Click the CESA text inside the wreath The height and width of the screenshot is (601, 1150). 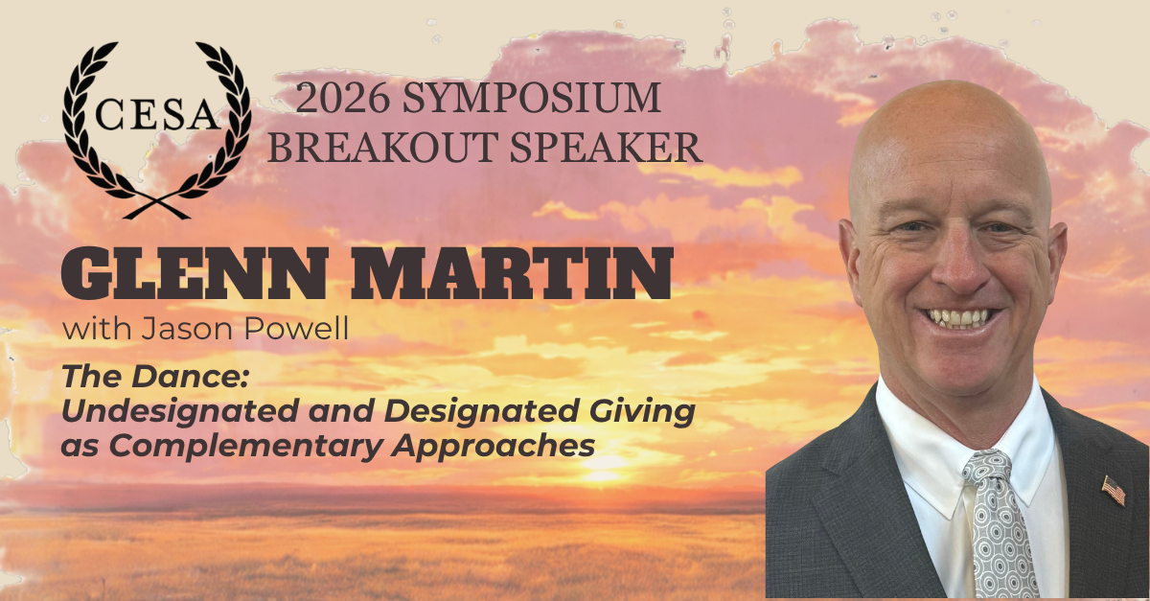(157, 114)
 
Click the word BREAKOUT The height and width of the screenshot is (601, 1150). (383, 148)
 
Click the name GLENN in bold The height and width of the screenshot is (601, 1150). (194, 273)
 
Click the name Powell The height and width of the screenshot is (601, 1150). (296, 328)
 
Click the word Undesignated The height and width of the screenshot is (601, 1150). (180, 411)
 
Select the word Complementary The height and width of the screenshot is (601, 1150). (245, 446)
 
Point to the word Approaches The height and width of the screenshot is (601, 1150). (493, 446)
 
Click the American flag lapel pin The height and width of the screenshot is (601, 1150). (1114, 490)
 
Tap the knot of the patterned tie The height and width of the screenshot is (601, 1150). (987, 468)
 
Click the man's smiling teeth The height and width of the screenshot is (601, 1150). (957, 318)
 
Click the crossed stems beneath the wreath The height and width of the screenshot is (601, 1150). (156, 206)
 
